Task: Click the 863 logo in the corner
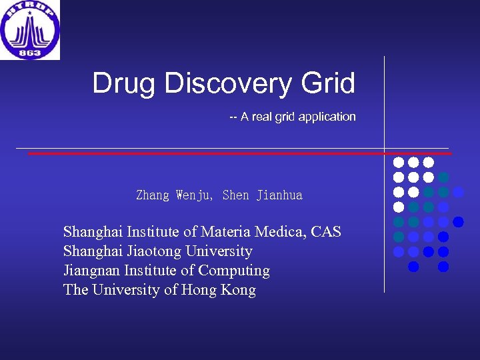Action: (x=30, y=30)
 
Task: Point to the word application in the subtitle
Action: (x=327, y=117)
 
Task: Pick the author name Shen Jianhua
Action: (x=262, y=195)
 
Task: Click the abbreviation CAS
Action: (x=326, y=232)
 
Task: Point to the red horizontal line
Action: (x=200, y=153)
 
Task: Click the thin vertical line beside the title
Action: (x=385, y=100)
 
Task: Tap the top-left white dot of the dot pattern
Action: (x=399, y=162)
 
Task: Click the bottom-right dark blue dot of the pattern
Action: (x=443, y=267)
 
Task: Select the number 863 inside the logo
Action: (x=30, y=52)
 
